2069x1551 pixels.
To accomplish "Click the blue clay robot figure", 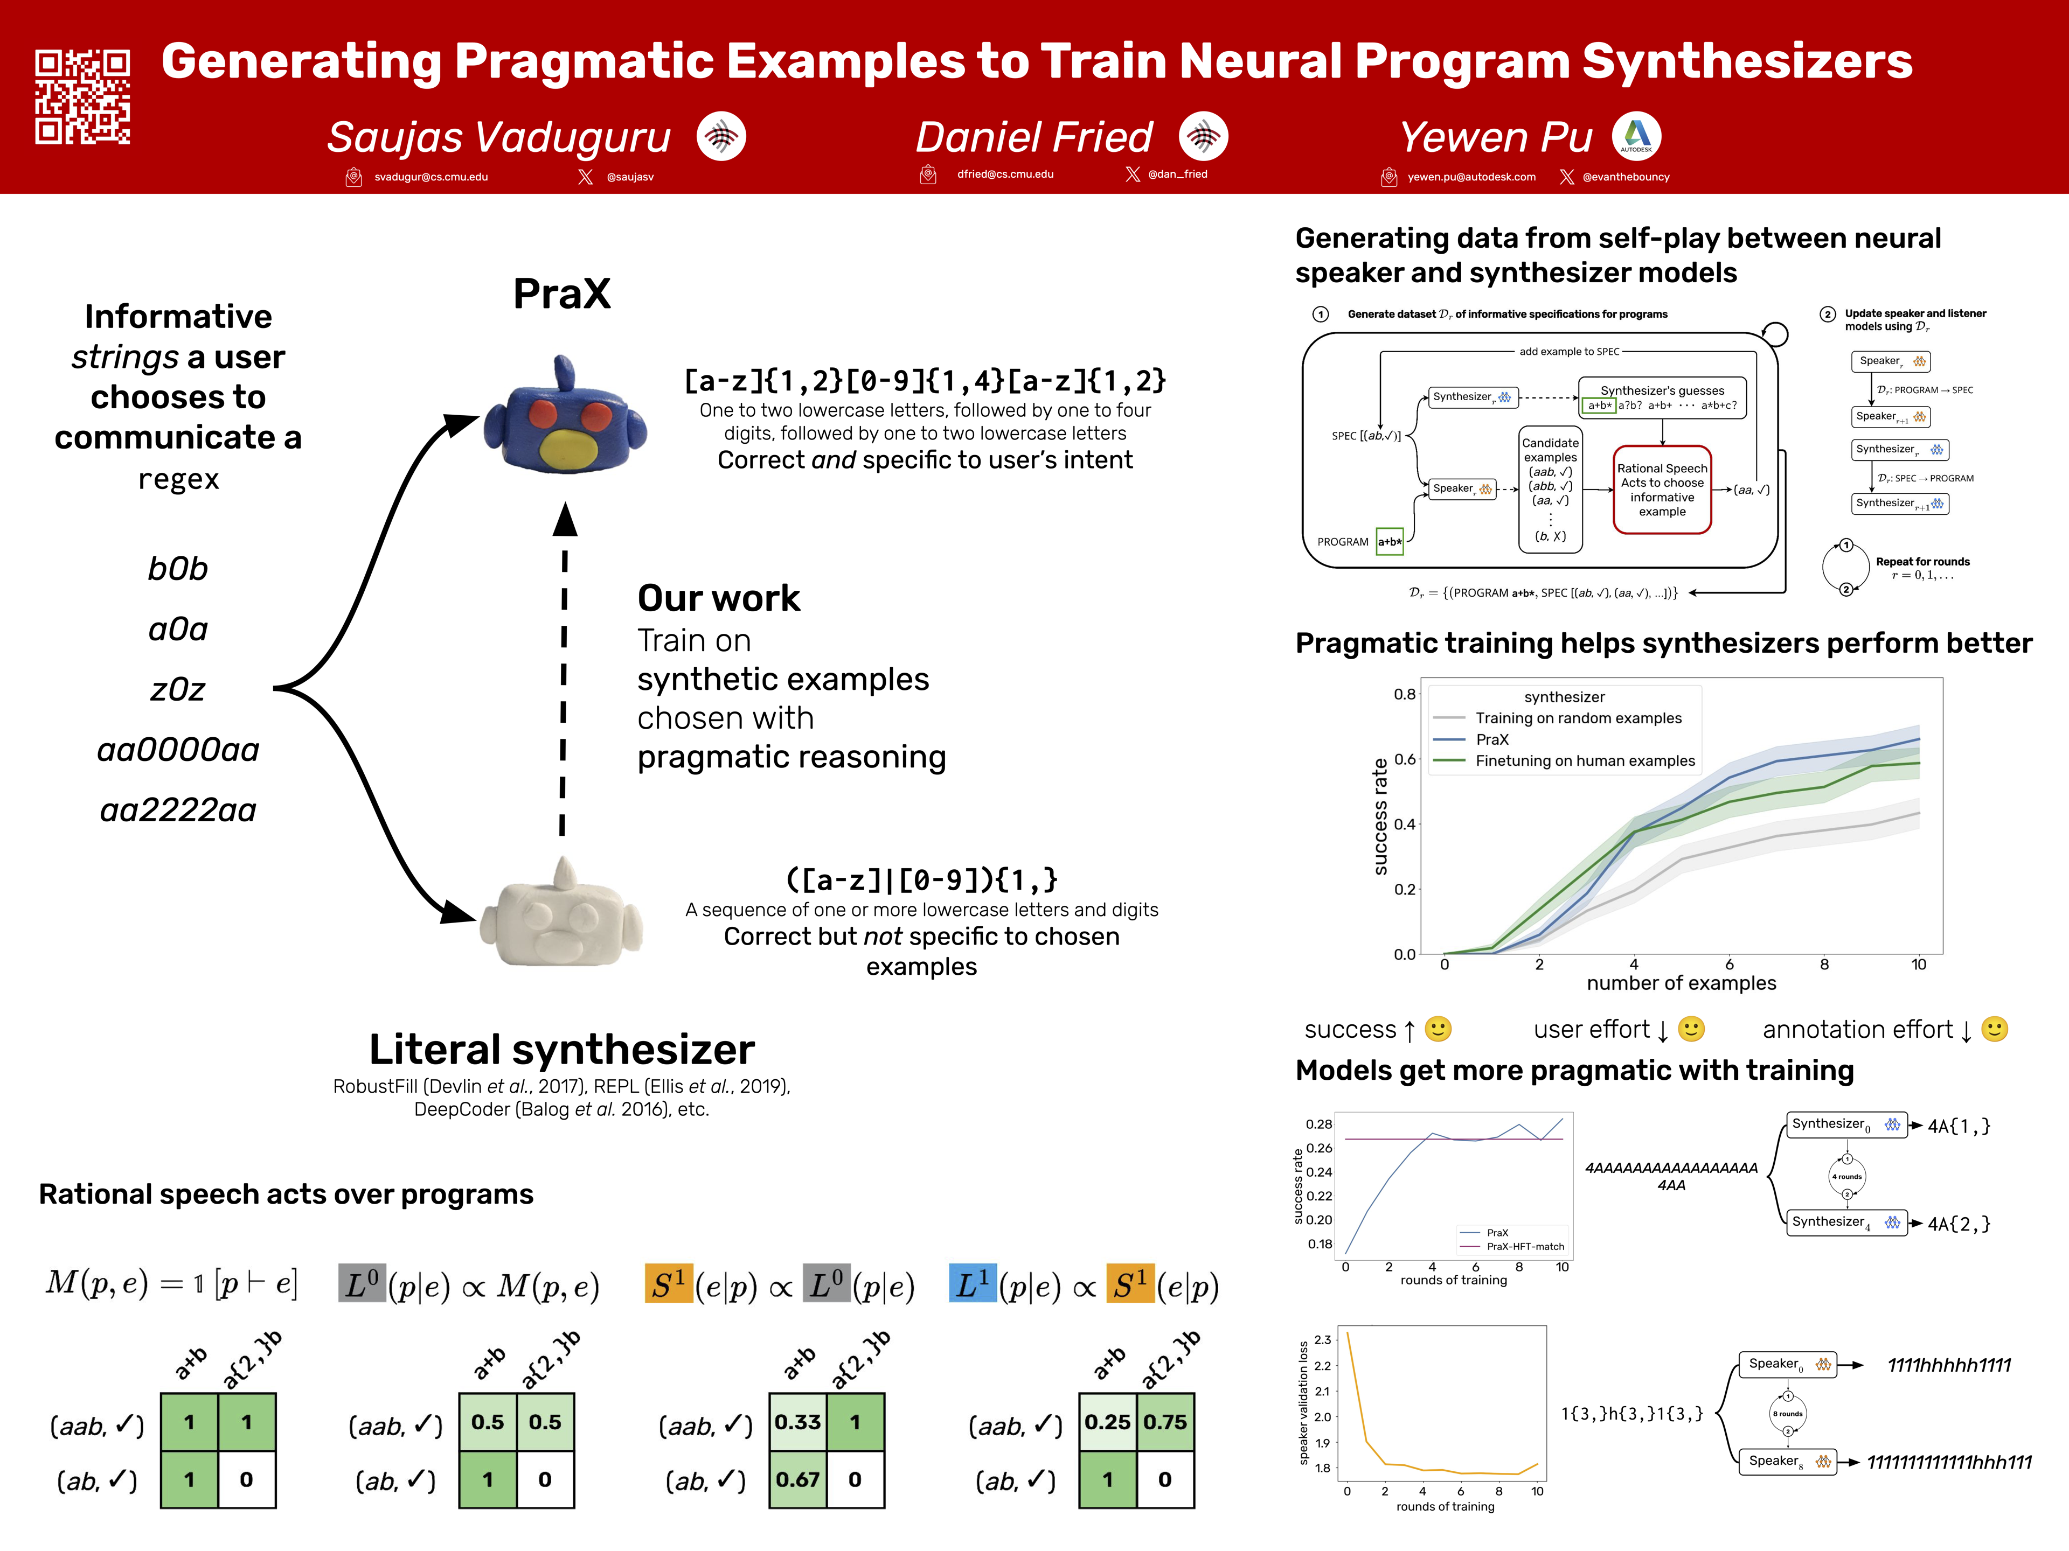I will tap(564, 417).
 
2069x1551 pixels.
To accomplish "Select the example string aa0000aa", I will tap(178, 750).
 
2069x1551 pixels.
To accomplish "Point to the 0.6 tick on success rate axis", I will tap(1404, 759).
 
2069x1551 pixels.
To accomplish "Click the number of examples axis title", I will tap(1681, 983).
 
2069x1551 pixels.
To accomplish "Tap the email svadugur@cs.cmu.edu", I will tap(431, 177).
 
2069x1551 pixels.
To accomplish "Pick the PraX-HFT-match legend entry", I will tap(1525, 1246).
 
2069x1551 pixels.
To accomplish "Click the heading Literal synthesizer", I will tap(561, 1049).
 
